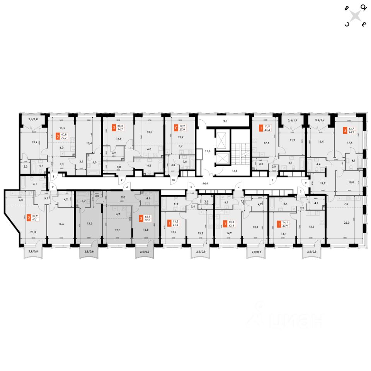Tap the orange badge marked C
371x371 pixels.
(176, 126)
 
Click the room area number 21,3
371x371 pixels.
(28, 232)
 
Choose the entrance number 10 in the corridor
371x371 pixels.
(174, 180)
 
